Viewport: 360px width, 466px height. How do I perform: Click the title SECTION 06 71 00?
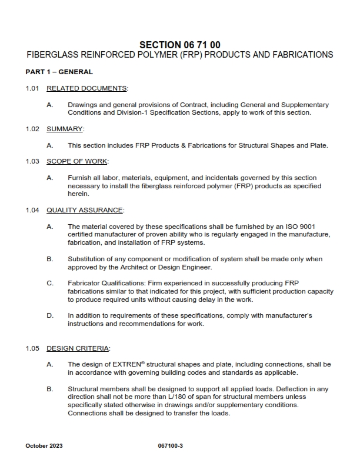click(180, 44)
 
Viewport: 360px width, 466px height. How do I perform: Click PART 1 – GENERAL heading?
click(59, 72)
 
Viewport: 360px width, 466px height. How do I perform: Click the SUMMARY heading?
click(65, 128)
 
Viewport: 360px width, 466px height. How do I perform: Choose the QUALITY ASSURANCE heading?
click(85, 210)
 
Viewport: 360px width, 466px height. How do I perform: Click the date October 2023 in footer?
click(44, 445)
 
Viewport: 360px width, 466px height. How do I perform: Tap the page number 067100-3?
click(171, 445)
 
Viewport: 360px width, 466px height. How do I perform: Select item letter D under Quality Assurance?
click(50, 315)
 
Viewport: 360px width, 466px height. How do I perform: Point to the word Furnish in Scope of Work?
click(79, 178)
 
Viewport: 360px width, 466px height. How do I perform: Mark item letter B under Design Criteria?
click(50, 389)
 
